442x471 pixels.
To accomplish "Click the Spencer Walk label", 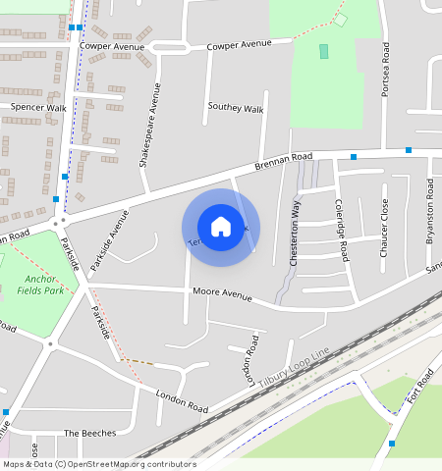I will pos(38,107).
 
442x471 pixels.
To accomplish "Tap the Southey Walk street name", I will pos(236,108).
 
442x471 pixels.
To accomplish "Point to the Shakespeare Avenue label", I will pos(152,125).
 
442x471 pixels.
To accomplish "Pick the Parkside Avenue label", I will pos(109,240).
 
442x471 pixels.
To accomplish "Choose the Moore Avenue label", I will pos(222,293).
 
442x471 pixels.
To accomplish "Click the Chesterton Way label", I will pos(295,235).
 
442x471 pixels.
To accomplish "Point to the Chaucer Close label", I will pos(384,227).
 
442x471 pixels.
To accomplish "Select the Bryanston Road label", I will pos(429,211).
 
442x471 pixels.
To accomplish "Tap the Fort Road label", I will pos(423,382).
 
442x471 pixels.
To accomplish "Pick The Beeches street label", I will pos(89,433).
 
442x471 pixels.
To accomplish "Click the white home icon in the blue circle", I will pos(221,227).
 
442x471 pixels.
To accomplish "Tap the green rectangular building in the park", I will pos(324,51).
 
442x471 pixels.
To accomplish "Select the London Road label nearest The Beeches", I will pos(182,400).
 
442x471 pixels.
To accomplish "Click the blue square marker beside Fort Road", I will pos(392,444).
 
